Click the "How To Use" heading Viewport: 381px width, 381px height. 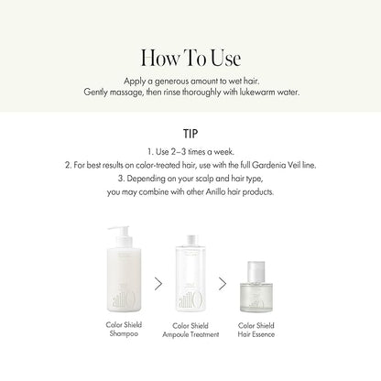point(190,58)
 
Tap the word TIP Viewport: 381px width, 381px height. point(190,134)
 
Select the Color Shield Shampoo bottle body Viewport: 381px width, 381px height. point(124,279)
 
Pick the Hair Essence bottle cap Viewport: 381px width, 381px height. point(256,271)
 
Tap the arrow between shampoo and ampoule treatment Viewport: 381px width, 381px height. point(158,284)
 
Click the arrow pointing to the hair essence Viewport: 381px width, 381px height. point(223,284)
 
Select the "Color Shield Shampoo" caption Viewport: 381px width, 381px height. point(124,329)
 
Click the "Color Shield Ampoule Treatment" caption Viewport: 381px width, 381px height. point(190,330)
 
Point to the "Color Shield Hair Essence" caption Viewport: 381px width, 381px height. point(256,330)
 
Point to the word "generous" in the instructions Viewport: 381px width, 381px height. point(172,82)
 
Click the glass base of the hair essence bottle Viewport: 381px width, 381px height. point(256,297)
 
